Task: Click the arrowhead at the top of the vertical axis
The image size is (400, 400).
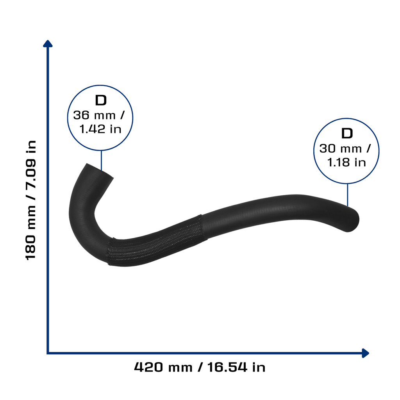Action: [48, 44]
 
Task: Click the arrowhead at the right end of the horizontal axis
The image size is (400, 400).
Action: [365, 353]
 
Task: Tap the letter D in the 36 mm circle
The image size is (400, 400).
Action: [101, 100]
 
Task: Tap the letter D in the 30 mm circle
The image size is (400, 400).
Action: [347, 134]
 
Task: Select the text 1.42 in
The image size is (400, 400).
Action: [100, 129]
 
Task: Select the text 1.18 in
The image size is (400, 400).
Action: [346, 162]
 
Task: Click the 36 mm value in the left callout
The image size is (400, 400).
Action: [95, 115]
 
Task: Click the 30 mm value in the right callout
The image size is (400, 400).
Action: [341, 149]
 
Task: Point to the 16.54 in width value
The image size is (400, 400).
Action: [236, 367]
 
